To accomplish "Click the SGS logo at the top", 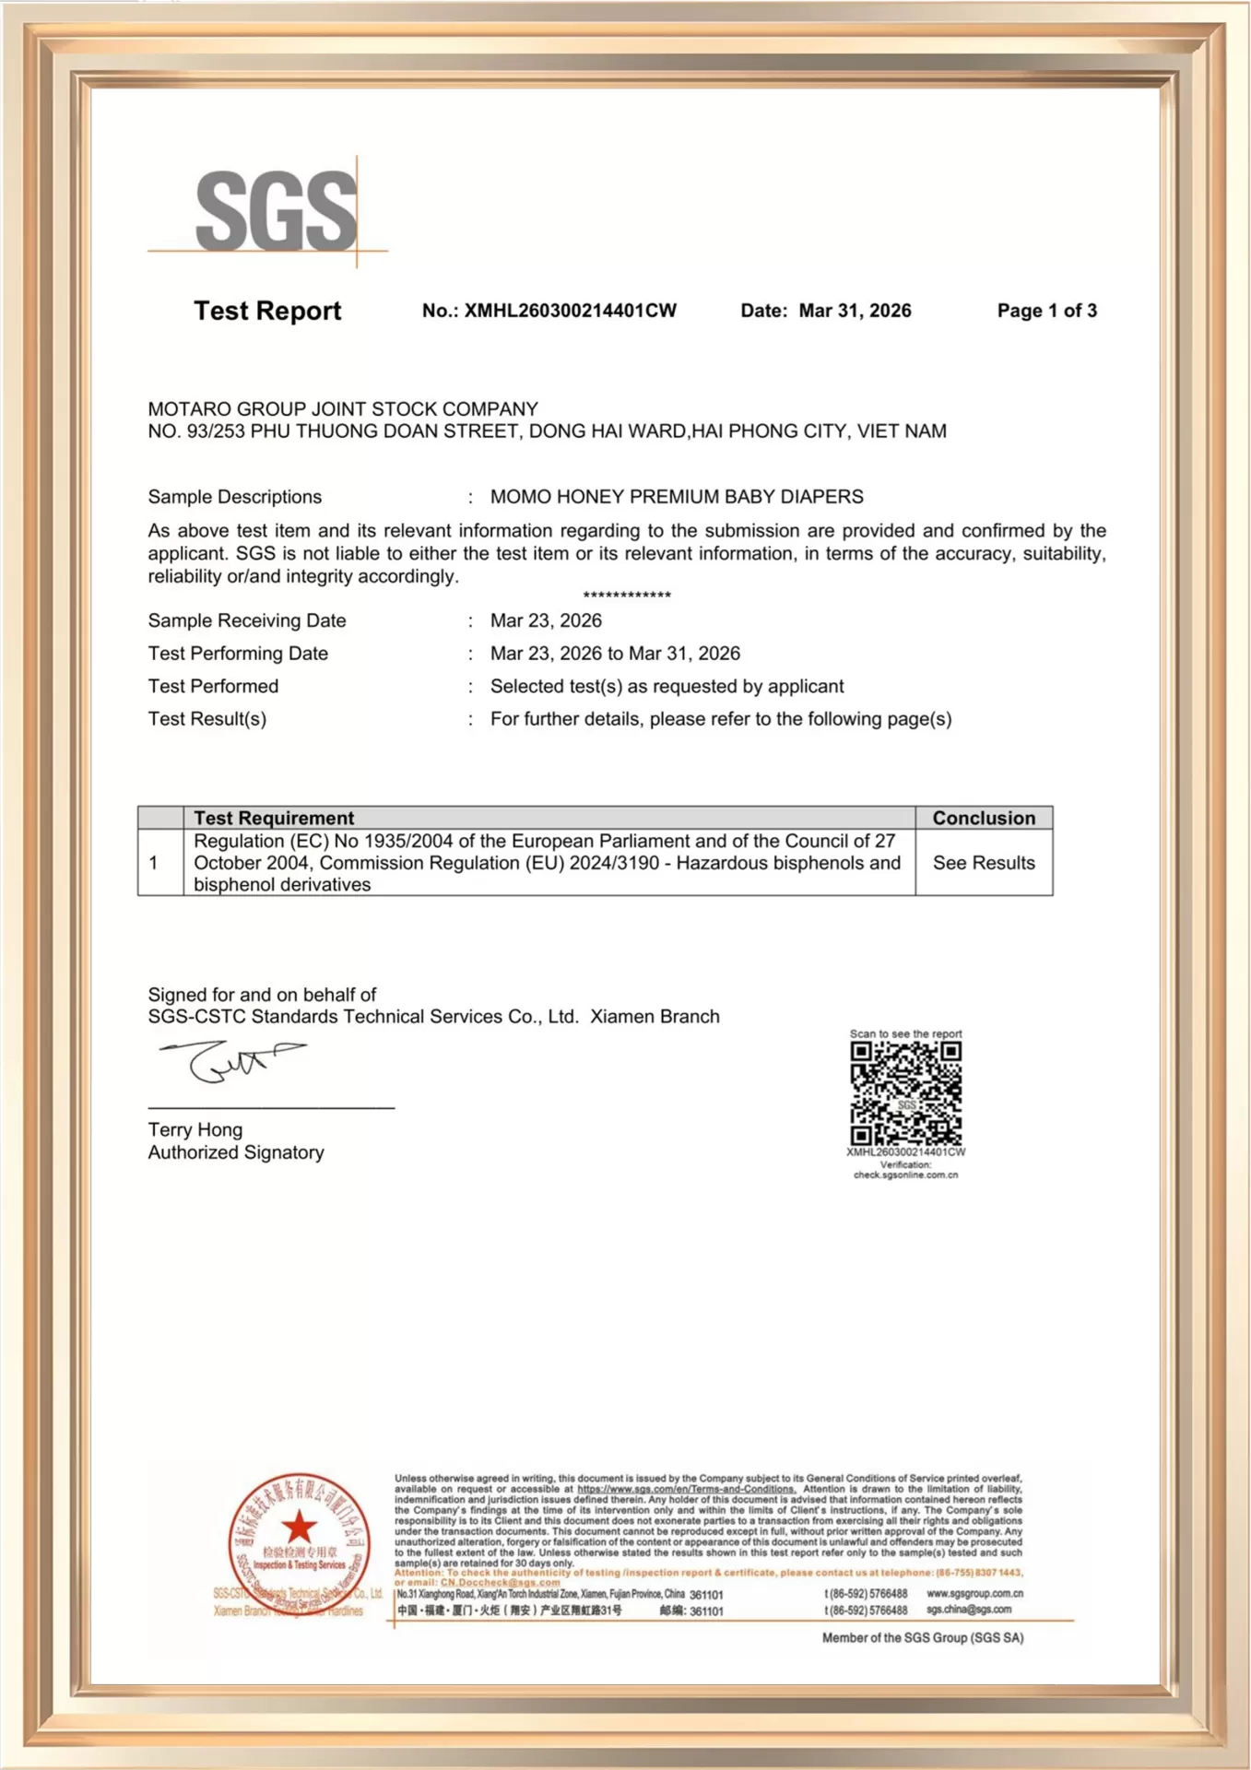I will [276, 211].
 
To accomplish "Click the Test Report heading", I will [267, 311].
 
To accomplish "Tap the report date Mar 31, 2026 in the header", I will [855, 311].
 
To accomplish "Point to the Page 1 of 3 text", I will [1046, 311].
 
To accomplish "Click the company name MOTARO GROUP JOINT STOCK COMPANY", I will [343, 408].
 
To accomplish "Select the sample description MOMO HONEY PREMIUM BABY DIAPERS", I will [677, 497].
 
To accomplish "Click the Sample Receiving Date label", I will [247, 620].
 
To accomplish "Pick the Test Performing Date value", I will [615, 654].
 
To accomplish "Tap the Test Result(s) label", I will [207, 719].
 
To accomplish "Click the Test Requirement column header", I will [274, 818].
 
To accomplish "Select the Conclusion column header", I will [984, 818].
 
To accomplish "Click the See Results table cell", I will [984, 863].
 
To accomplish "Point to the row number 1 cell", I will [154, 863].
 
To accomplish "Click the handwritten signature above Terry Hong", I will [230, 1061].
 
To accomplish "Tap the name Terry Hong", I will [195, 1130].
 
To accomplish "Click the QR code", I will [905, 1094].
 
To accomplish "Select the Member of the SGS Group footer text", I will [923, 1638].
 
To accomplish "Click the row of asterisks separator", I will [627, 596].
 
